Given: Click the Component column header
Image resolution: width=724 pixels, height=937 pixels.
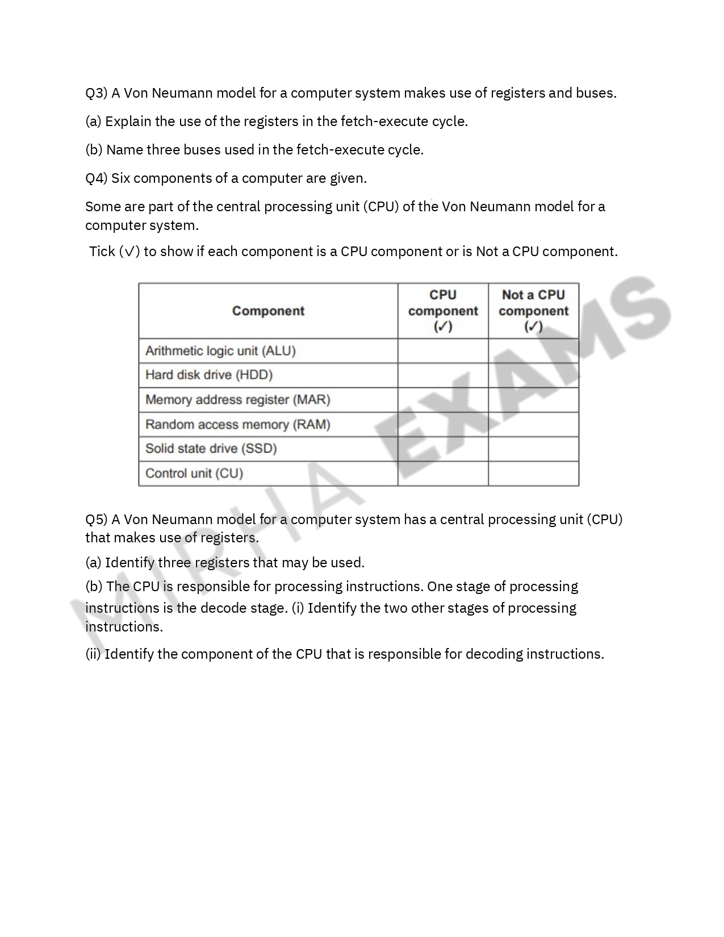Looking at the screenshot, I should [268, 311].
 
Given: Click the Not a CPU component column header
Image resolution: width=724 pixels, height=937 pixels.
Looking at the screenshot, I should [533, 311].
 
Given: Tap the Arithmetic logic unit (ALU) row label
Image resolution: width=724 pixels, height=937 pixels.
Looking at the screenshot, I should [220, 351].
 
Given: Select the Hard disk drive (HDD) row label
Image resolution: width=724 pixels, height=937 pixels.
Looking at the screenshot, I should [209, 375].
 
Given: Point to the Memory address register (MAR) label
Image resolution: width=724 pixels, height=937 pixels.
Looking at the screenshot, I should [237, 400].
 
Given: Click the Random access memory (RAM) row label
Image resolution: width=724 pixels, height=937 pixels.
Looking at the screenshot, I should [237, 425].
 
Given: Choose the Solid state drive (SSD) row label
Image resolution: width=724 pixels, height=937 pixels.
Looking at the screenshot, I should [211, 449].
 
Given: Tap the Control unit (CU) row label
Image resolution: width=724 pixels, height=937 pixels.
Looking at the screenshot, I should [194, 474].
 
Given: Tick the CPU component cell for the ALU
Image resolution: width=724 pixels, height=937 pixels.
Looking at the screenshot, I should [443, 351].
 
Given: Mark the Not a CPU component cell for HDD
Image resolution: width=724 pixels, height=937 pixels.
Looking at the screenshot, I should [533, 375].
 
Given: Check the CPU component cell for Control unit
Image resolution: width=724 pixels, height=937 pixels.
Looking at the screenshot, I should [443, 474].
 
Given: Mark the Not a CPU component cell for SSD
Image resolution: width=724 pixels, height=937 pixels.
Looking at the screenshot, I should [533, 449].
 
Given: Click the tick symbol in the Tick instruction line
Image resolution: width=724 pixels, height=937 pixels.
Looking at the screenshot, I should [129, 252].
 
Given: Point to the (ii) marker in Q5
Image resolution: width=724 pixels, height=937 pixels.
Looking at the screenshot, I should [93, 654].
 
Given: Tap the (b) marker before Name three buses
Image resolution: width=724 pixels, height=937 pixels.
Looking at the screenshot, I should [94, 150].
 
